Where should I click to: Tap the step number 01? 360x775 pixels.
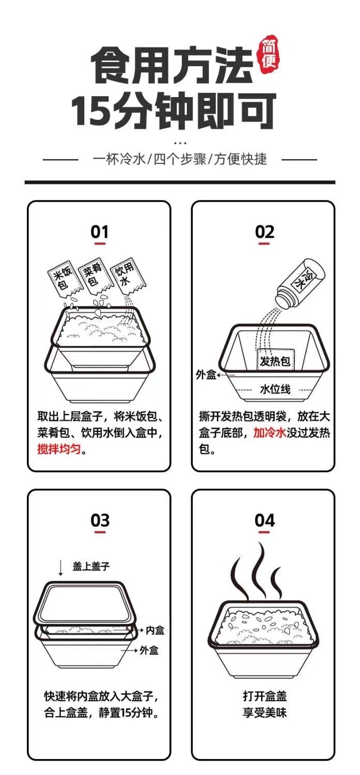point(100,232)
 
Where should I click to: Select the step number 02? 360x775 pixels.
point(264,232)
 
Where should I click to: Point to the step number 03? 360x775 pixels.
point(100,520)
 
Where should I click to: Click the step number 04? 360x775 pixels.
point(264,520)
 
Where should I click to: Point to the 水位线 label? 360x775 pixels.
point(275,389)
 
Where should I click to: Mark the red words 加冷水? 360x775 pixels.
point(269,433)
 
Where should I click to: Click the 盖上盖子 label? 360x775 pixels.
point(91,566)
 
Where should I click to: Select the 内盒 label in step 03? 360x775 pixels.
point(154,630)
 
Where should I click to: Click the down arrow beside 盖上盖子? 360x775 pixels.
point(61,568)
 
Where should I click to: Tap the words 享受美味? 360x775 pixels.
point(264,713)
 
